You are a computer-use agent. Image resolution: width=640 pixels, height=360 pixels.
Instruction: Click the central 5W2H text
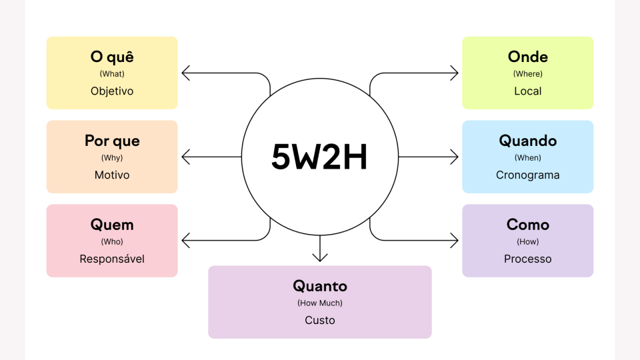pyautogui.click(x=319, y=157)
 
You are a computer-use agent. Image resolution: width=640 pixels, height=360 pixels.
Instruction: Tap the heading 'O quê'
pyautogui.click(x=112, y=57)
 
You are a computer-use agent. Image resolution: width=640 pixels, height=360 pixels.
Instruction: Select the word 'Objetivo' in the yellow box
pyautogui.click(x=112, y=91)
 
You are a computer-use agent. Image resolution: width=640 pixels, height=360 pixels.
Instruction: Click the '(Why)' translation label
pyautogui.click(x=112, y=158)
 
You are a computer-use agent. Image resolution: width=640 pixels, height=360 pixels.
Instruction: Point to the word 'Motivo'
pyautogui.click(x=112, y=175)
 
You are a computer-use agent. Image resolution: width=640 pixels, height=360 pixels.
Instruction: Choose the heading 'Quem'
pyautogui.click(x=112, y=225)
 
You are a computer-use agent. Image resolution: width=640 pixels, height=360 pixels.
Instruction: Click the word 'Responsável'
pyautogui.click(x=112, y=259)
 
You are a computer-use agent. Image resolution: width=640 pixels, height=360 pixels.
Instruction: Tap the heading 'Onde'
pyautogui.click(x=528, y=57)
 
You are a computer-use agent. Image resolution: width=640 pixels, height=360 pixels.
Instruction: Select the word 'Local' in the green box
pyautogui.click(x=528, y=91)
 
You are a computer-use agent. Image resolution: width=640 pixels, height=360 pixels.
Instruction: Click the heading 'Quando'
pyautogui.click(x=528, y=141)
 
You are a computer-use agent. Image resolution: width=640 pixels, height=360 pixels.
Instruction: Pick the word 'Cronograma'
pyautogui.click(x=528, y=175)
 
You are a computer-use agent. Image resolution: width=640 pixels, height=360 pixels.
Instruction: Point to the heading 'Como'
pyautogui.click(x=528, y=225)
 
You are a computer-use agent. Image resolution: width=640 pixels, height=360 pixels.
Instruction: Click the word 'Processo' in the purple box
pyautogui.click(x=528, y=259)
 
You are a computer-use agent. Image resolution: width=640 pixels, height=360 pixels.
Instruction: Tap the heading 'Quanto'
pyautogui.click(x=320, y=286)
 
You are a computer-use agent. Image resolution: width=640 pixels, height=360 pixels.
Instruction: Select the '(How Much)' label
pyautogui.click(x=320, y=303)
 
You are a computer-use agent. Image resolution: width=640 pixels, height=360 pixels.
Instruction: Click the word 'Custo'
pyautogui.click(x=320, y=321)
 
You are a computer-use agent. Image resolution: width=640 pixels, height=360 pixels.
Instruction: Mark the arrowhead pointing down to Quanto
pyautogui.click(x=320, y=257)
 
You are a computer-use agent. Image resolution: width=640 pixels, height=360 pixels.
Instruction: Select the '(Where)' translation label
pyautogui.click(x=528, y=74)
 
